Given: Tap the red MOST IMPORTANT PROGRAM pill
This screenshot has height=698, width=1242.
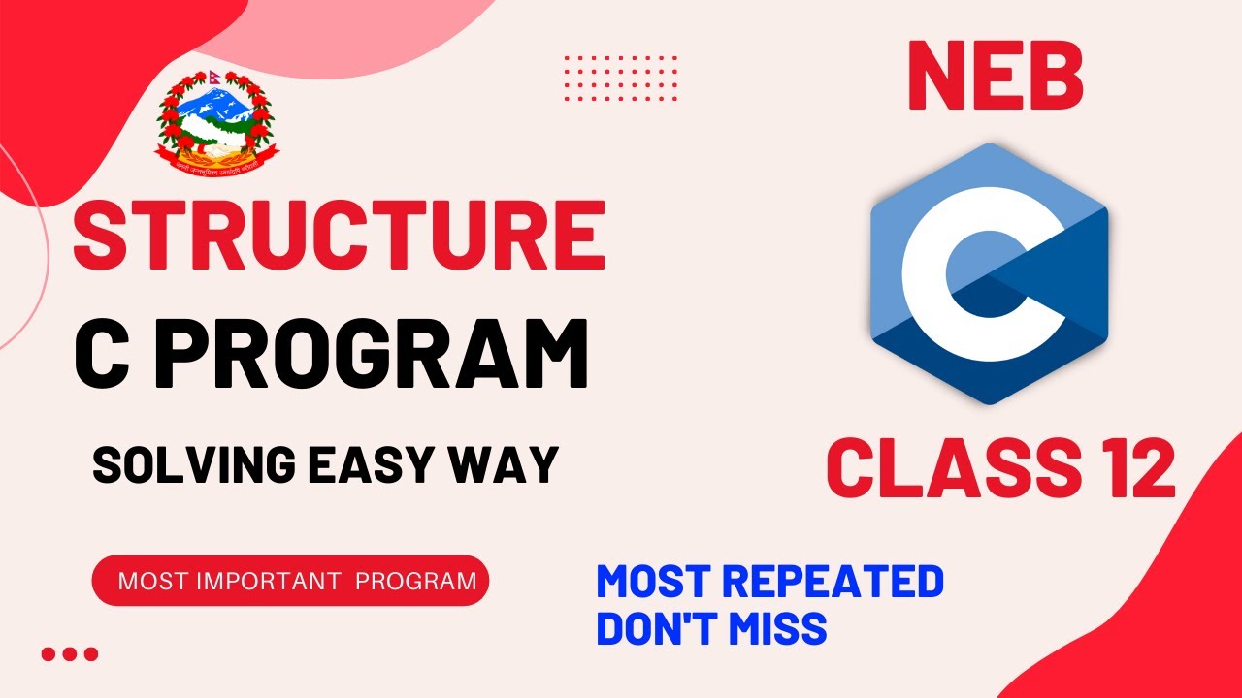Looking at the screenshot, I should tap(290, 581).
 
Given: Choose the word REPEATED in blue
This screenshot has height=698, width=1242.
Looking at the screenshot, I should tap(833, 583).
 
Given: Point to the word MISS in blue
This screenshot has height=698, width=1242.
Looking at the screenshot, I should tap(775, 628).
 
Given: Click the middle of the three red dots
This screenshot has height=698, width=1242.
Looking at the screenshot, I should tap(70, 654).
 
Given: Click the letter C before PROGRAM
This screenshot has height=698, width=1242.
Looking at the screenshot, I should tap(103, 356).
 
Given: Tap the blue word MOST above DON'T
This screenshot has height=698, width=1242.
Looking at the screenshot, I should tap(655, 583).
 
